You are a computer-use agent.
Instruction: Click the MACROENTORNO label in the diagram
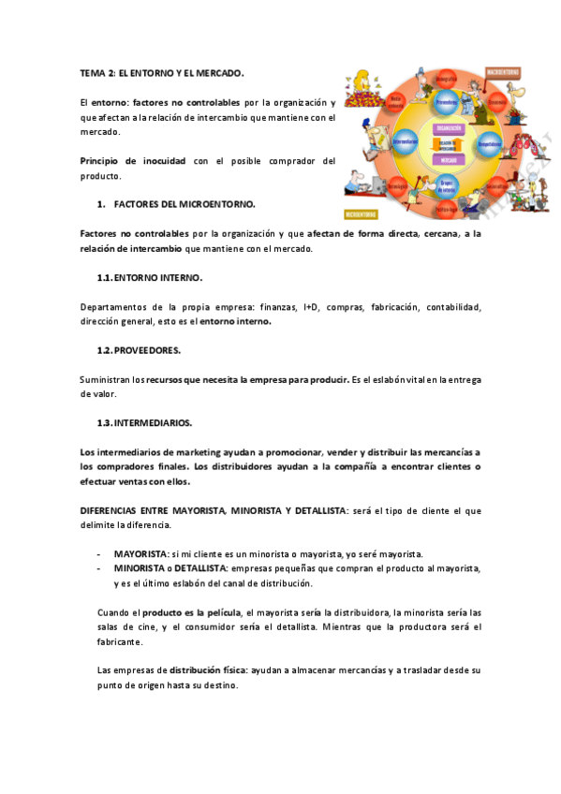(509, 70)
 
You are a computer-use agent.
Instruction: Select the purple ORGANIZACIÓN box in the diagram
(447, 129)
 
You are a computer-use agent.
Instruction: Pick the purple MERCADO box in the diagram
(447, 159)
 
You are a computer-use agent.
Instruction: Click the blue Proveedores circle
(447, 101)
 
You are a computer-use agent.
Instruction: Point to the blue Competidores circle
(489, 144)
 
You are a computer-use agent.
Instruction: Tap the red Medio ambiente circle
(396, 101)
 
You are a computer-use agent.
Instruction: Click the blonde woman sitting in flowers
(361, 94)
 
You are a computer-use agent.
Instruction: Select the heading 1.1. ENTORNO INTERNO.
(150, 278)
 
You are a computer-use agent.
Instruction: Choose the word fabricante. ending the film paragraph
(121, 641)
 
